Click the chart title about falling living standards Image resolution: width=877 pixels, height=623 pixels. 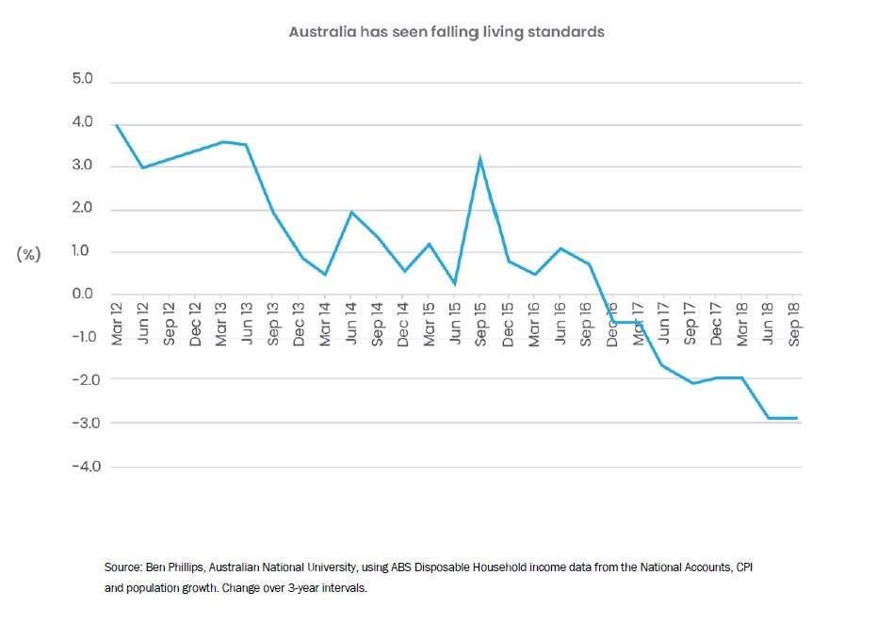pyautogui.click(x=446, y=32)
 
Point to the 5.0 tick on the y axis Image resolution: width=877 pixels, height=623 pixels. pyautogui.click(x=82, y=80)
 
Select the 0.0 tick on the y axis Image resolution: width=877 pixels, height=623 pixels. pyautogui.click(x=82, y=295)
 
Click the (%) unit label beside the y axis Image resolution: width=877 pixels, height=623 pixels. pyautogui.click(x=27, y=255)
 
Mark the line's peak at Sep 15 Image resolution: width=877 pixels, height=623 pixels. pyautogui.click(x=480, y=158)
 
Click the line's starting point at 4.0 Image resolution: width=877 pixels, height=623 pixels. pyautogui.click(x=116, y=124)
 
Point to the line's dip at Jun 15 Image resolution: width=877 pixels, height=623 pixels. pyautogui.click(x=455, y=283)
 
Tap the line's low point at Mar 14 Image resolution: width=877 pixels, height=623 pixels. pyautogui.click(x=325, y=275)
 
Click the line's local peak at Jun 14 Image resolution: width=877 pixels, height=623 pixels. pyautogui.click(x=351, y=212)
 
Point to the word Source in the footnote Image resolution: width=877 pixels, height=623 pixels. pyautogui.click(x=122, y=569)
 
